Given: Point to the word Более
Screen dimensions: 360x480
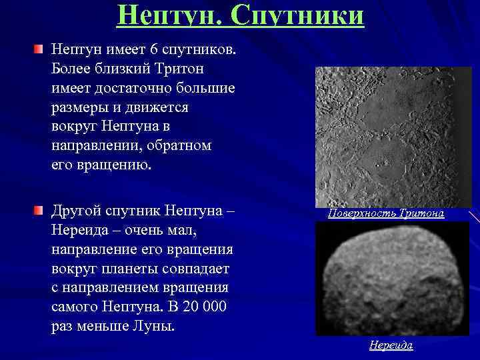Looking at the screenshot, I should click(x=71, y=69).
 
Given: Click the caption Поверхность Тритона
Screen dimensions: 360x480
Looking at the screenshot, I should click(x=386, y=213).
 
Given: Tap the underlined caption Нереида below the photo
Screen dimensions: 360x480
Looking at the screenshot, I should click(x=391, y=345).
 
